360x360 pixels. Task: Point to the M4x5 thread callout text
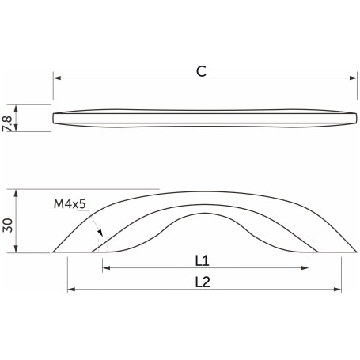(x=70, y=205)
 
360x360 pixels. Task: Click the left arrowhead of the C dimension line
(x=55, y=78)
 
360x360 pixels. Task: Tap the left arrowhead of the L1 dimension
(x=105, y=269)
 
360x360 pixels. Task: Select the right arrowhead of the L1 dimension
(x=305, y=269)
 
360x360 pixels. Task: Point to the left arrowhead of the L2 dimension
(x=70, y=290)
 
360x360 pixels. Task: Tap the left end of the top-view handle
(x=54, y=119)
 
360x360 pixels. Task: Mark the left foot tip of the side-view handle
(x=54, y=252)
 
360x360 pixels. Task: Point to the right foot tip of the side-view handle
(x=354, y=252)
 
